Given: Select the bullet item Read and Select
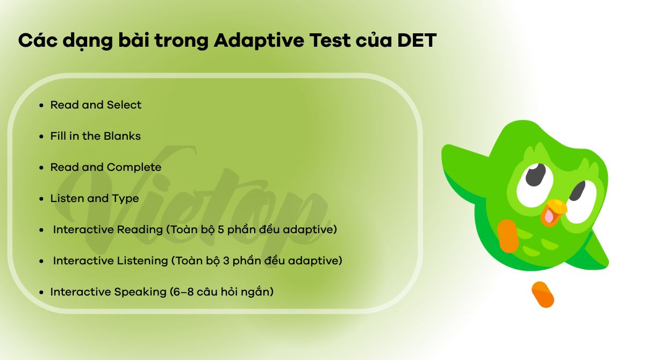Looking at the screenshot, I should click(x=96, y=105).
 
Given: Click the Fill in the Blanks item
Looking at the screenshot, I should click(x=95, y=136).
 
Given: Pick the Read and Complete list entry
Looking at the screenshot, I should click(x=105, y=167).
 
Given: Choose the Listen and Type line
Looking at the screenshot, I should click(x=94, y=198).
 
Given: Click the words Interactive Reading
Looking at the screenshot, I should click(x=107, y=229).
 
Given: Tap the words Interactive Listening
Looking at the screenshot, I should click(x=110, y=261).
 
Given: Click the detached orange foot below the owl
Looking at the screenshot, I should click(x=542, y=294).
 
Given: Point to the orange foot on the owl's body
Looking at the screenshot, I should click(x=508, y=235).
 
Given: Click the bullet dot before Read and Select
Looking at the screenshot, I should click(x=41, y=105).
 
